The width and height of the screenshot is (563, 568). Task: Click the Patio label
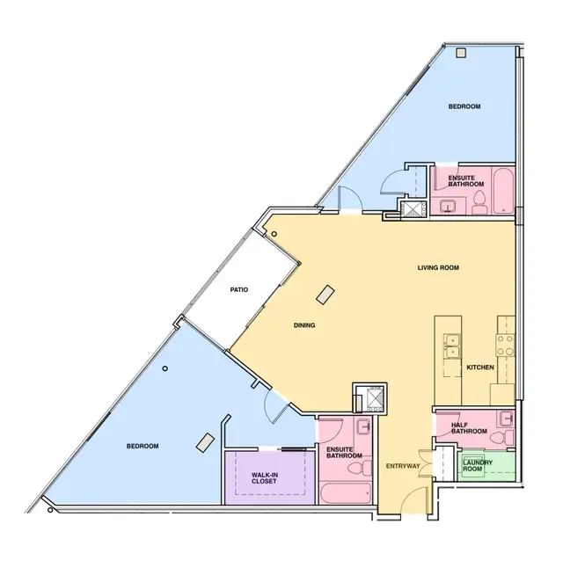[x=239, y=290]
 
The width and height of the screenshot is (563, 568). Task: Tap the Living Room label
[x=438, y=267]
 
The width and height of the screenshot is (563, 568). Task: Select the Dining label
[x=304, y=325]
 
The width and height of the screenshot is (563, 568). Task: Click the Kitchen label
[x=480, y=368]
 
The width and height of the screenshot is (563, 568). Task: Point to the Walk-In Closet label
[x=265, y=478]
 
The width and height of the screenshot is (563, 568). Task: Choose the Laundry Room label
[x=478, y=465]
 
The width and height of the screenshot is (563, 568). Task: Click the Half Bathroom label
[x=469, y=428]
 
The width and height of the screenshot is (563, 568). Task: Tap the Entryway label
[x=403, y=466]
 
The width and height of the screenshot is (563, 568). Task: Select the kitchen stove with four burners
[x=505, y=346]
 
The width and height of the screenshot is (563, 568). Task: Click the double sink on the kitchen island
[x=452, y=346]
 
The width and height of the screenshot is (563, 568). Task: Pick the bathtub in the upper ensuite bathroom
[x=503, y=191]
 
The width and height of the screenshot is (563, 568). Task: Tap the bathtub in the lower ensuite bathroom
[x=346, y=493]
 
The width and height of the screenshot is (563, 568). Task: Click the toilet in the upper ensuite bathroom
[x=479, y=203]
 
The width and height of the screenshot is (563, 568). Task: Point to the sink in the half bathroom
[x=507, y=419]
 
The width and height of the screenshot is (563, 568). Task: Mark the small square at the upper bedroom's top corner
[x=461, y=54]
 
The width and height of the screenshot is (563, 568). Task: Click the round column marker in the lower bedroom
[x=165, y=368]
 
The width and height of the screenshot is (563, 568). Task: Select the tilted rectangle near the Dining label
[x=325, y=295]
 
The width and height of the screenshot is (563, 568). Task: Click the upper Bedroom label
[x=464, y=106]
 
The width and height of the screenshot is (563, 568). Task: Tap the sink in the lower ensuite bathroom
[x=363, y=426]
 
